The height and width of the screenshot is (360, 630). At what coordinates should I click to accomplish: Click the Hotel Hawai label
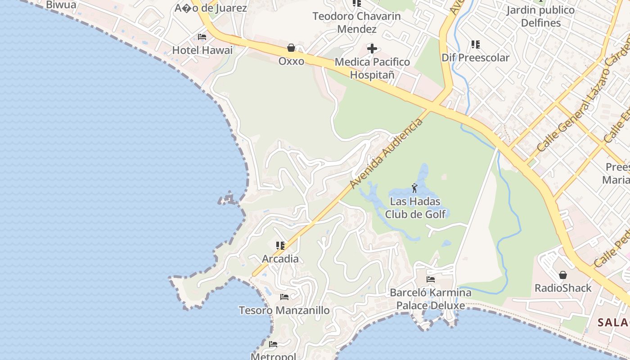(x=202, y=50)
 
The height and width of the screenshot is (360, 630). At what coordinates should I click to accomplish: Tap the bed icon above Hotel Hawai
(x=202, y=37)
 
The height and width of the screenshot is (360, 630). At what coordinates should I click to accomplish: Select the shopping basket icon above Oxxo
(x=291, y=48)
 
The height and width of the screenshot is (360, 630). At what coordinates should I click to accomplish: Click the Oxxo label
(x=291, y=61)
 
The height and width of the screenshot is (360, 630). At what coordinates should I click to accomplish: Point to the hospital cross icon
(x=372, y=48)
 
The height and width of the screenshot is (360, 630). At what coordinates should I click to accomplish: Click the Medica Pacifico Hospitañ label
(x=372, y=68)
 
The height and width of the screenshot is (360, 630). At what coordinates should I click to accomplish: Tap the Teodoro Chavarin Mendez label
(x=356, y=22)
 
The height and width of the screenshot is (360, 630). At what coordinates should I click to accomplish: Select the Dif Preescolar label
(x=475, y=58)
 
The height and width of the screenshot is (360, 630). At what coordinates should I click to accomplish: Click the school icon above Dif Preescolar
(x=475, y=45)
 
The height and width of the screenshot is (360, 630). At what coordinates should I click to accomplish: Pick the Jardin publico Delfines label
(x=540, y=16)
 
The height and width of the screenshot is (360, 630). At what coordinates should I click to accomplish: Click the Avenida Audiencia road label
(x=387, y=153)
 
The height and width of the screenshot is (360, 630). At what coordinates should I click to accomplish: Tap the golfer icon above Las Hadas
(x=414, y=188)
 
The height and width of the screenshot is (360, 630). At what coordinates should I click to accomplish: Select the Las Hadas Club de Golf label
(x=415, y=208)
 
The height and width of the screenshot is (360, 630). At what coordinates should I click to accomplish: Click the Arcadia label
(x=280, y=259)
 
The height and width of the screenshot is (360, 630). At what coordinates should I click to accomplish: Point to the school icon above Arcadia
(x=280, y=246)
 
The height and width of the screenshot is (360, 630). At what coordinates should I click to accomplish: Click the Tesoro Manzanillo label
(x=284, y=310)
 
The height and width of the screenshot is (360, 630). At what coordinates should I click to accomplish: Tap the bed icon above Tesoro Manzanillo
(x=284, y=297)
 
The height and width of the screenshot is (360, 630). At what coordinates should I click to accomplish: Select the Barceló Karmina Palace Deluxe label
(x=431, y=299)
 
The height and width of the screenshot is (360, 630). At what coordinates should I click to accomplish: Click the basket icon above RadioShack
(x=562, y=275)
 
